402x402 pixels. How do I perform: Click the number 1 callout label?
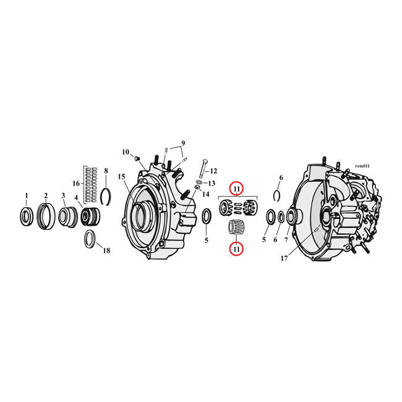tap(26, 196)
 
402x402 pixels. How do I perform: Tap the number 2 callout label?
tap(45, 196)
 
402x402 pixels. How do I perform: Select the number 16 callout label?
tap(77, 184)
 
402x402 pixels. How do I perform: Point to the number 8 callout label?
tap(106, 171)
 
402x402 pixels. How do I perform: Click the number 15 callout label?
tap(122, 177)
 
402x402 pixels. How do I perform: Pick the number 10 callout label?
tap(126, 152)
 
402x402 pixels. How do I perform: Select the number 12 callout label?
tap(214, 171)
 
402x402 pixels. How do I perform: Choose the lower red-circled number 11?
tap(237, 248)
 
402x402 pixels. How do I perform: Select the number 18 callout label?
tap(106, 250)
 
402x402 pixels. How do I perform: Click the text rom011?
tap(362, 166)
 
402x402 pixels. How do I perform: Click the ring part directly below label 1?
tap(26, 217)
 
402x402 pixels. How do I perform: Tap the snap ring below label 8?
tap(106, 195)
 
